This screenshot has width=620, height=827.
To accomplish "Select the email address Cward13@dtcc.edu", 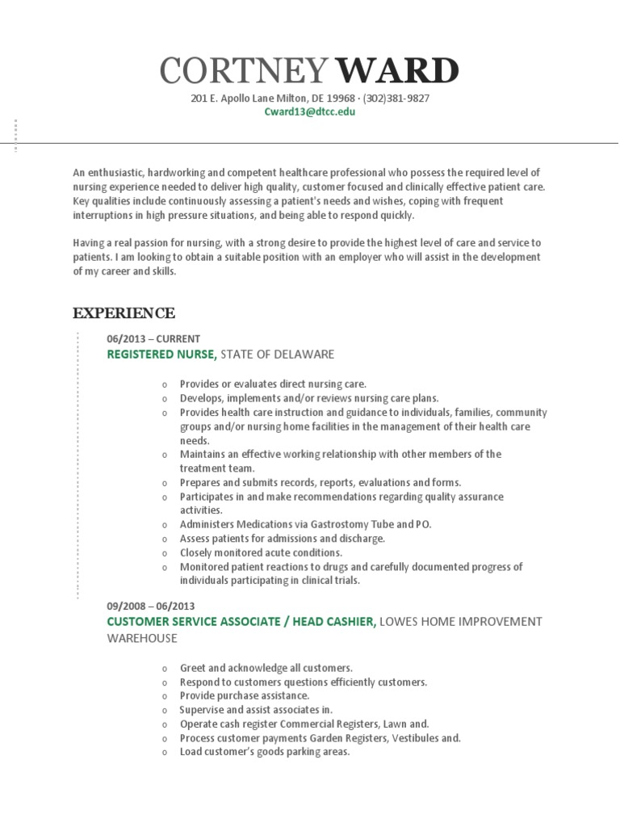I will (x=310, y=112).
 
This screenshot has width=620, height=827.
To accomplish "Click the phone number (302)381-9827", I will (x=396, y=99).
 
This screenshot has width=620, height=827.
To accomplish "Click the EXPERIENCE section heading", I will (x=124, y=313).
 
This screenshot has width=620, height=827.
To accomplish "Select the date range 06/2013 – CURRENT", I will (x=153, y=338).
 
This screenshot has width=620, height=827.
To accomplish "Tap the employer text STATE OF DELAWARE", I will (x=277, y=354).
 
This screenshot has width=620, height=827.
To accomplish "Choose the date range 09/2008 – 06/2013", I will (x=151, y=606).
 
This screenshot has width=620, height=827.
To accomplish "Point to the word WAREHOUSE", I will (x=142, y=638).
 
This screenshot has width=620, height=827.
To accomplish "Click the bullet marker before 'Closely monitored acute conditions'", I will (x=164, y=553).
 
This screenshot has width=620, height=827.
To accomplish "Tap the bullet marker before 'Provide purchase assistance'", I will (x=164, y=696).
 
